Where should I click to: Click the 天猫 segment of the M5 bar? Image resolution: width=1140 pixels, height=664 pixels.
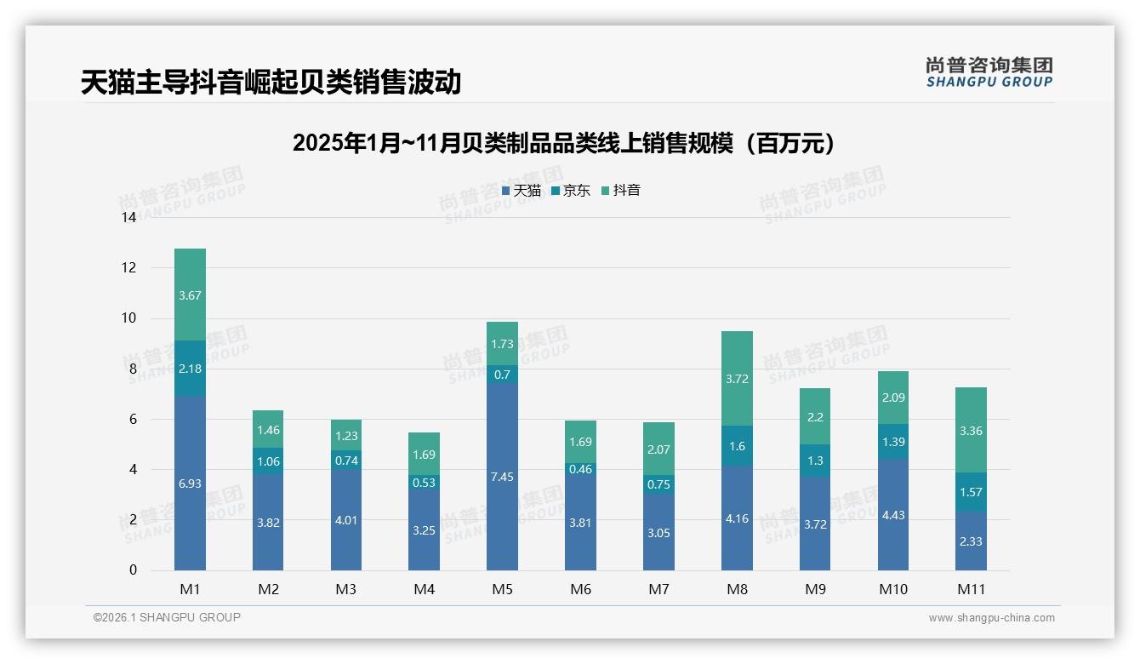pyautogui.click(x=502, y=477)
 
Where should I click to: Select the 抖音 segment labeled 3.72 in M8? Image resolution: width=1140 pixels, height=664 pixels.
pyautogui.click(x=737, y=379)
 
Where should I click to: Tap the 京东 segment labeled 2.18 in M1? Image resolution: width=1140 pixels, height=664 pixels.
pyautogui.click(x=190, y=368)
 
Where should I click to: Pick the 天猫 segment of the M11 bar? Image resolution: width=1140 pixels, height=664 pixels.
pyautogui.click(x=971, y=541)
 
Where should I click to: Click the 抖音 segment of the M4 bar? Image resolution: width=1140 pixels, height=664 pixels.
pyautogui.click(x=424, y=454)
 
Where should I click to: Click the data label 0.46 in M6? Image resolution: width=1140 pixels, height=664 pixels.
pyautogui.click(x=580, y=469)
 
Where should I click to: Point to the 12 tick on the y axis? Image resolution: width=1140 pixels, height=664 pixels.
pyautogui.click(x=129, y=267)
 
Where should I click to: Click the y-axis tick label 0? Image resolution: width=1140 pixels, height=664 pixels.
pyautogui.click(x=133, y=570)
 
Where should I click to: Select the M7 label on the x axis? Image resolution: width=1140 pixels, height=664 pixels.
pyautogui.click(x=658, y=589)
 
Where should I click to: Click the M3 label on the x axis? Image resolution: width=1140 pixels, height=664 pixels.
pyautogui.click(x=345, y=589)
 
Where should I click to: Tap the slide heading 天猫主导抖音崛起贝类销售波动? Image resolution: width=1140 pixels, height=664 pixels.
pyautogui.click(x=271, y=83)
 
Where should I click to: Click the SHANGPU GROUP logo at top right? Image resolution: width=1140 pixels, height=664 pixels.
pyautogui.click(x=989, y=72)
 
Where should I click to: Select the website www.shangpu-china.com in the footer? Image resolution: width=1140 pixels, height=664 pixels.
pyautogui.click(x=991, y=618)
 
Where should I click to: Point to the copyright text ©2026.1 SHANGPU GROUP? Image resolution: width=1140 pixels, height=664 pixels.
pyautogui.click(x=167, y=617)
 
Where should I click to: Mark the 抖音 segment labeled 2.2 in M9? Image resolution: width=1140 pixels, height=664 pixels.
pyautogui.click(x=815, y=416)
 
